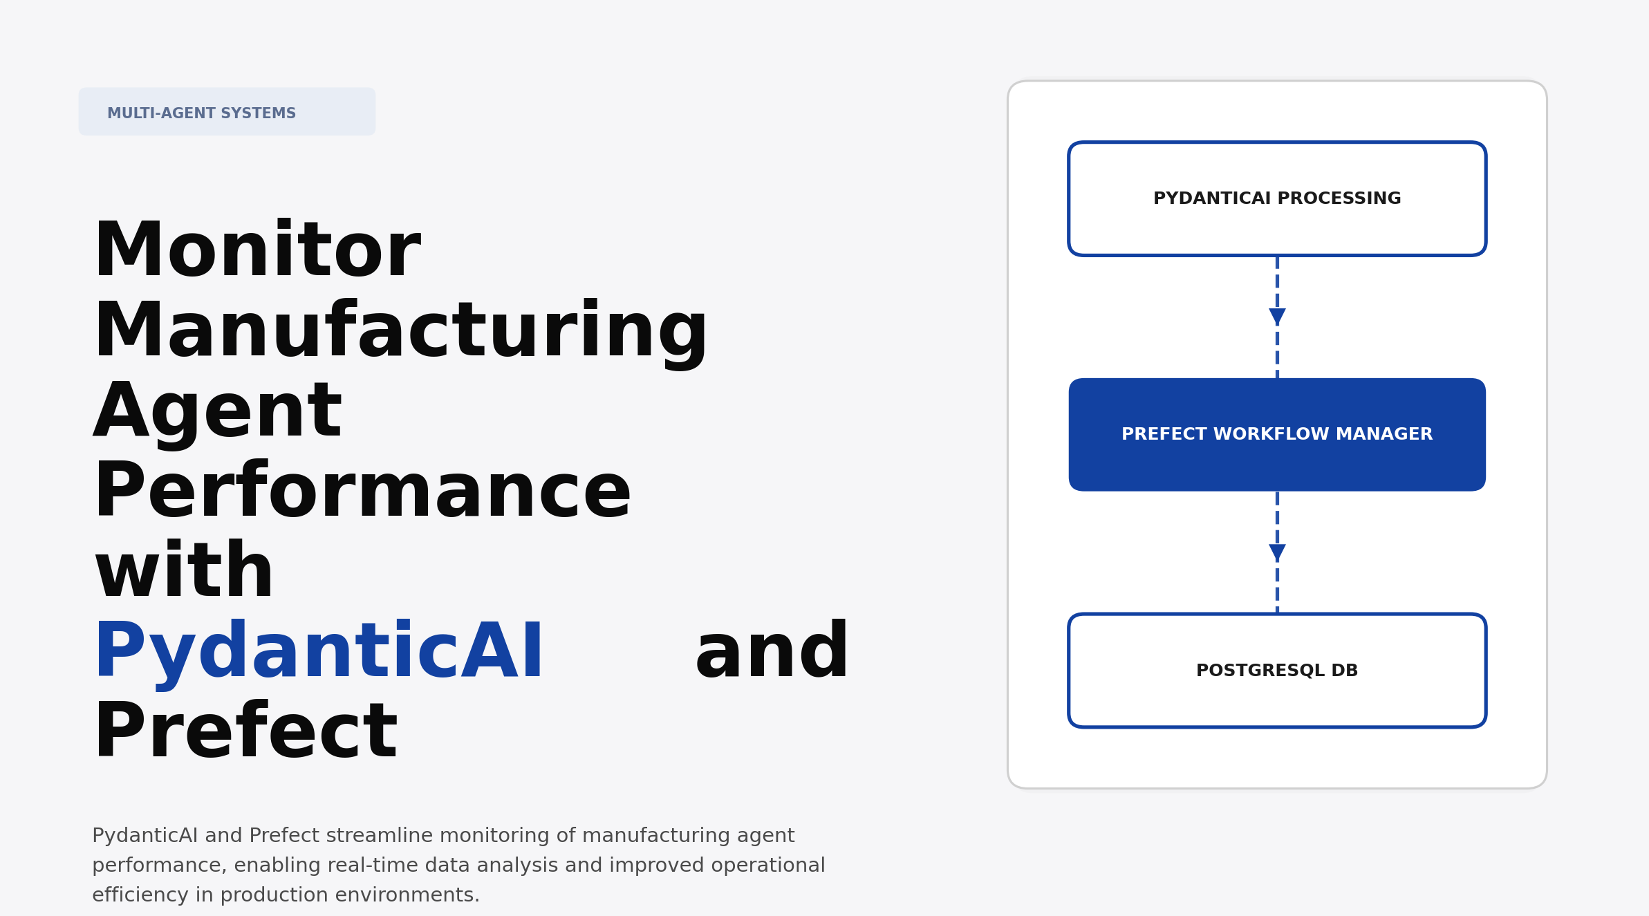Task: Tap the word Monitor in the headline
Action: tap(257, 250)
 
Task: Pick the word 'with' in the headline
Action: tap(184, 572)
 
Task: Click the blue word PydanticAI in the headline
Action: tap(319, 652)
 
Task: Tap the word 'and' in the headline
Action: tap(772, 652)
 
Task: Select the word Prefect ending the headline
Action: tap(245, 732)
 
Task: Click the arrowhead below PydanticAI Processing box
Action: tap(1277, 317)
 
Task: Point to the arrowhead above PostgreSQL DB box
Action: tap(1277, 552)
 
